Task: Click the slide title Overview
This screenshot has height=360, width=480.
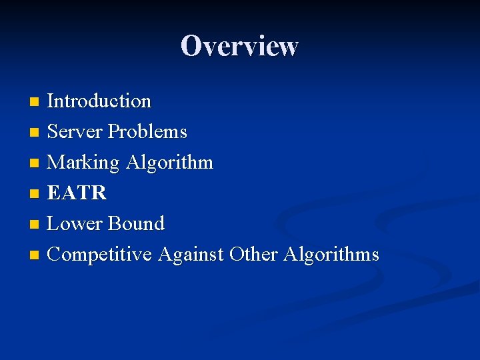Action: pyautogui.click(x=239, y=46)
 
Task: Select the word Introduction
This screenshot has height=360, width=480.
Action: pyautogui.click(x=99, y=101)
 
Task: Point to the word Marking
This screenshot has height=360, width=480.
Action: pyautogui.click(x=83, y=163)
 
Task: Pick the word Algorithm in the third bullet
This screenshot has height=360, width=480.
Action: pyautogui.click(x=169, y=163)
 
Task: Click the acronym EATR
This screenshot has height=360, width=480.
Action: pyautogui.click(x=77, y=193)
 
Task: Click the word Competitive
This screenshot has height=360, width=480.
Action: pyautogui.click(x=100, y=254)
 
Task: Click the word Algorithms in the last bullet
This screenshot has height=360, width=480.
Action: pyautogui.click(x=331, y=254)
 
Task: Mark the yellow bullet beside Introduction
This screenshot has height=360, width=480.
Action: pyautogui.click(x=35, y=102)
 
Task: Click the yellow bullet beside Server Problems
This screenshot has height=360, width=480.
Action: pyautogui.click(x=35, y=133)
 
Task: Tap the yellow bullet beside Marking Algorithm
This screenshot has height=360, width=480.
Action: pyautogui.click(x=35, y=163)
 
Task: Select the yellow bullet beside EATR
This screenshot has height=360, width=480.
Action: pyautogui.click(x=35, y=194)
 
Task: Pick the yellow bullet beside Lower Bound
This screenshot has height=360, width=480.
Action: pyautogui.click(x=35, y=225)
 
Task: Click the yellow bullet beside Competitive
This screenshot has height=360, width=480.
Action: pyautogui.click(x=35, y=255)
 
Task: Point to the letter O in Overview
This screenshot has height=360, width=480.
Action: pyautogui.click(x=191, y=46)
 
